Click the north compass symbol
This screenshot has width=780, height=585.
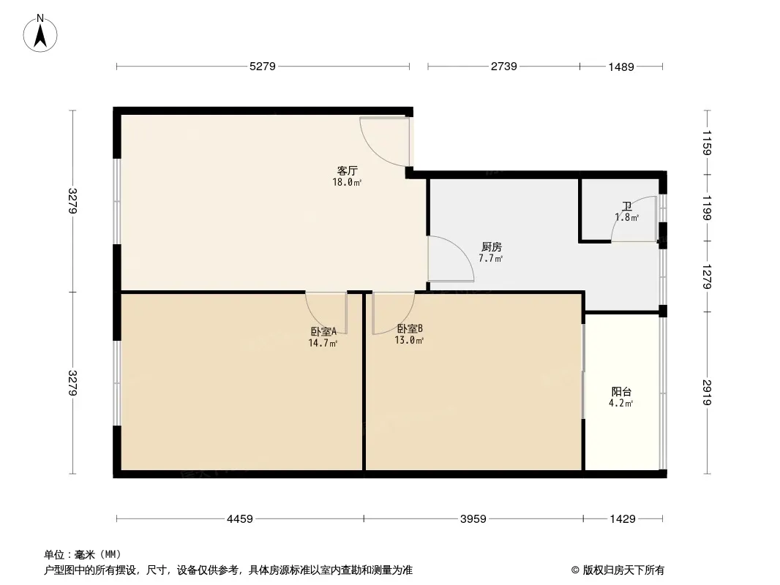click(x=41, y=33)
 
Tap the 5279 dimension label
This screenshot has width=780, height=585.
click(x=262, y=67)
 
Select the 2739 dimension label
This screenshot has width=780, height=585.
click(x=503, y=67)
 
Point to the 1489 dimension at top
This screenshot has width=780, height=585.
click(x=620, y=67)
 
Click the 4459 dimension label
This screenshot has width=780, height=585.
click(x=239, y=519)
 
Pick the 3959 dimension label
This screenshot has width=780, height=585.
click(x=473, y=519)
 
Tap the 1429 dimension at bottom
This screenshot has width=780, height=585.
click(x=623, y=519)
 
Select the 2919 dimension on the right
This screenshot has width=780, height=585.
click(x=708, y=393)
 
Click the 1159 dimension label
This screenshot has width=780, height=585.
click(x=708, y=143)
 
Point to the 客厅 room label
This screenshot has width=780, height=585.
click(x=347, y=171)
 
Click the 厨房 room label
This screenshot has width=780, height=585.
click(x=491, y=247)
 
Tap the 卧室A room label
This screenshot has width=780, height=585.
click(x=323, y=331)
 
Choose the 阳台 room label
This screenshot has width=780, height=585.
click(x=622, y=391)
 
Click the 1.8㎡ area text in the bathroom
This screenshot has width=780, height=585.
click(x=626, y=218)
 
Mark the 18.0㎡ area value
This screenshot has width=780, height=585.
click(x=347, y=182)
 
